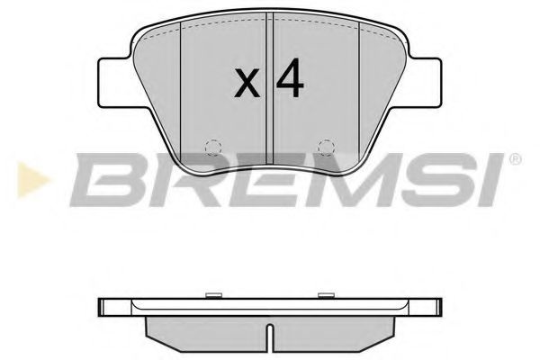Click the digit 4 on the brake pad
[x=290, y=81]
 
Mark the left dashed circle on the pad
[x=212, y=146]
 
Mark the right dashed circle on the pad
[x=328, y=146]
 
